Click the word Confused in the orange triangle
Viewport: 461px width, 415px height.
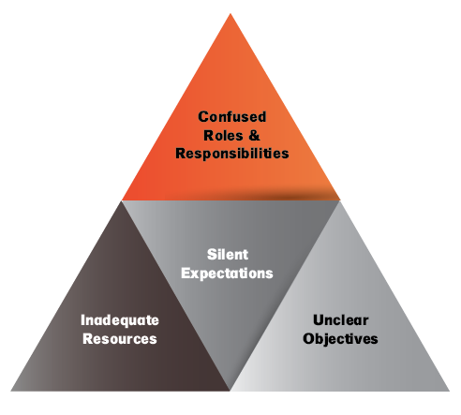[x=232, y=117]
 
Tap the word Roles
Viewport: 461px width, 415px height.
[x=223, y=136]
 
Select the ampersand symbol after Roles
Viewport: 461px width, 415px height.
[x=255, y=136]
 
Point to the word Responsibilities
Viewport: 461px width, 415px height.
[x=232, y=154]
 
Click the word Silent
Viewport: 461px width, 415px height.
[x=228, y=255]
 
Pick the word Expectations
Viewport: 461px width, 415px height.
[x=227, y=274]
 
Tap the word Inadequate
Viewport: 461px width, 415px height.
[x=120, y=320]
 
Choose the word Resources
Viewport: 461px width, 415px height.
[x=120, y=339]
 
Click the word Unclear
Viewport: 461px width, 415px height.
[x=341, y=320]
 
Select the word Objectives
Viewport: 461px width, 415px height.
[x=340, y=339]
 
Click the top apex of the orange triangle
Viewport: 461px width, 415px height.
[x=230, y=13]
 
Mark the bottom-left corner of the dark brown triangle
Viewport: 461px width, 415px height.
[x=11, y=391]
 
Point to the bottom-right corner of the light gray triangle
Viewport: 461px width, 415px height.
[x=450, y=391]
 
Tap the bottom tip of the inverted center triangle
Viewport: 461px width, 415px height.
[x=230, y=391]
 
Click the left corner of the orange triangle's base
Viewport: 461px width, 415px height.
[x=122, y=200]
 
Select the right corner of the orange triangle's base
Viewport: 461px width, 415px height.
[x=340, y=200]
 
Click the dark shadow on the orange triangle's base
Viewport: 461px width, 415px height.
[x=290, y=195]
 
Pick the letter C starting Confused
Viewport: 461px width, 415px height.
[x=203, y=117]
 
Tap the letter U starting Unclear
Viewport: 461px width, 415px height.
[x=319, y=320]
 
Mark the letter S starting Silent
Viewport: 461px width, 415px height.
[x=212, y=255]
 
